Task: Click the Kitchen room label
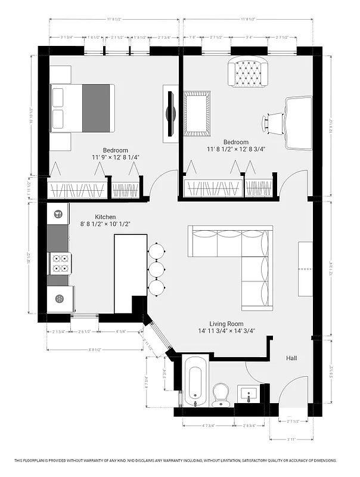point(105,217)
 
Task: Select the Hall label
point(291,358)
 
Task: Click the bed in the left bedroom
point(82,108)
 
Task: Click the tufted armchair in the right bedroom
point(245,72)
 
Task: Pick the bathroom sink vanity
point(250,394)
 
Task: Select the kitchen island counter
point(131,273)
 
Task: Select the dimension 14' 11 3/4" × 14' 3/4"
point(226,331)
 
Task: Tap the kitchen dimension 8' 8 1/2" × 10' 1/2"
point(105,224)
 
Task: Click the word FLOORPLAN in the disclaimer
point(44,460)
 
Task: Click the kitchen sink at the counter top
point(58,214)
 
